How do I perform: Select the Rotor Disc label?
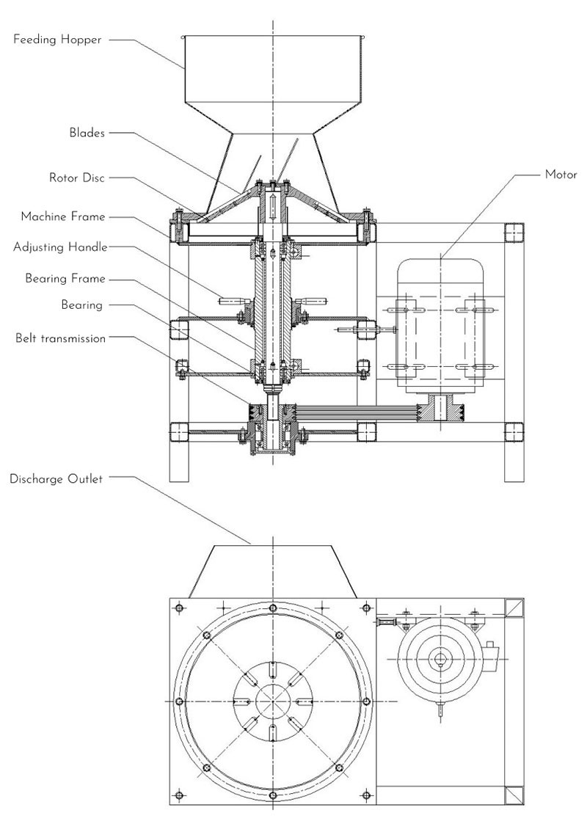(76, 177)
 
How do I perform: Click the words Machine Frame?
(63, 216)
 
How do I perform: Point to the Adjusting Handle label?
(60, 247)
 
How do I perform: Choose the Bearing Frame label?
(65, 278)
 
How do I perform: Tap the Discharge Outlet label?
(56, 479)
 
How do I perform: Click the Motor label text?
(561, 175)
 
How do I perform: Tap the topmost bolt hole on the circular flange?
(272, 608)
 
